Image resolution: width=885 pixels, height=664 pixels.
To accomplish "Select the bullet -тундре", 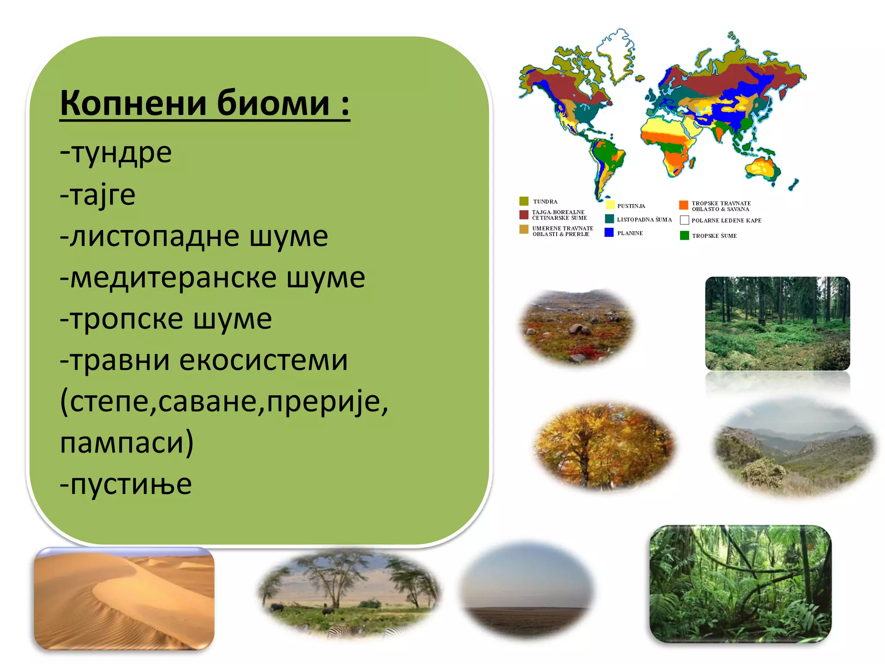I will click(116, 153).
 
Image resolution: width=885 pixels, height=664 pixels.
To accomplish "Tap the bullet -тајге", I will click(98, 195).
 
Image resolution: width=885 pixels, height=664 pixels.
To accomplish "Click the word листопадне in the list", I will click(155, 236).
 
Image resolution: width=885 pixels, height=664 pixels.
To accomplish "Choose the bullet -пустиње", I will click(126, 484).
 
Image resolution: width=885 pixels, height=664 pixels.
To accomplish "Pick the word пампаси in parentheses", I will click(123, 443).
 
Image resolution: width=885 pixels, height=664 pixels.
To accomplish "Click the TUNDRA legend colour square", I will click(524, 201).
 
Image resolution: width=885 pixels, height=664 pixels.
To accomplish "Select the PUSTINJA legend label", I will click(631, 206).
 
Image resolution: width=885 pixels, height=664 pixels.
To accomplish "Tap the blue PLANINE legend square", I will click(609, 233).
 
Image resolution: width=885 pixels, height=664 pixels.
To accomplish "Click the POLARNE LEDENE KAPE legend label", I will click(726, 220).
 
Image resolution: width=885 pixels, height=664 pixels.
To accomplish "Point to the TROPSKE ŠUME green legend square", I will click(684, 236).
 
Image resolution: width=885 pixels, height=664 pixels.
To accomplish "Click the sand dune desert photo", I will click(124, 599).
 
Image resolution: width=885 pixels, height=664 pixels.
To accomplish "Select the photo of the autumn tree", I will click(604, 445).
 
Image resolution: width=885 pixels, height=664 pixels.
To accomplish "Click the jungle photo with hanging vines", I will click(740, 584).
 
